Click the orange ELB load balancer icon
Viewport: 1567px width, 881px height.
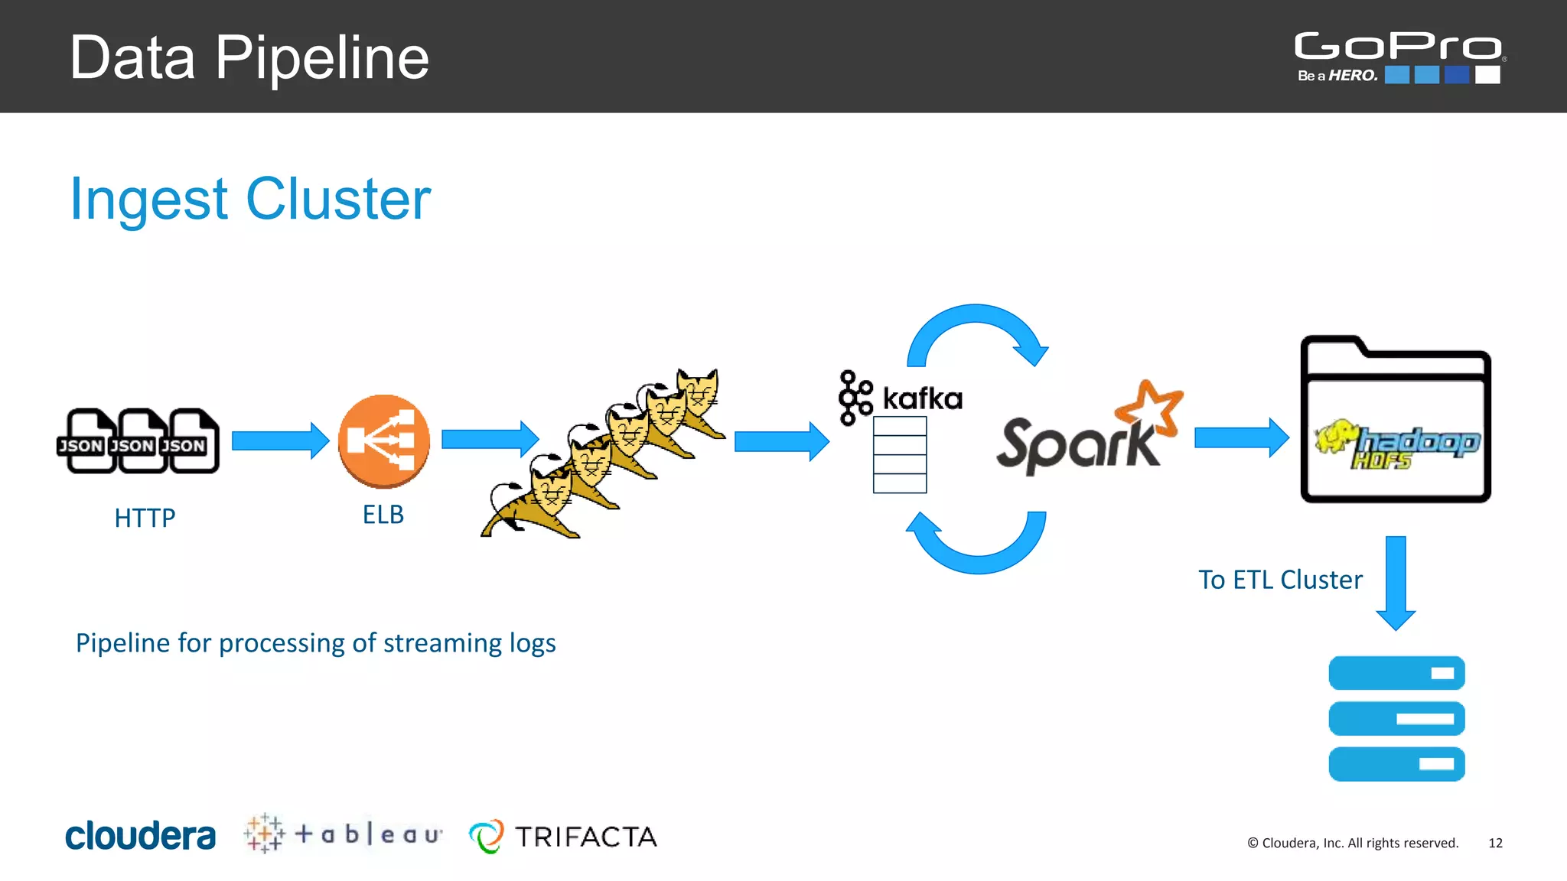pyautogui.click(x=384, y=441)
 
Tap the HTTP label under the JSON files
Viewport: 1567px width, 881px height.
pyautogui.click(x=145, y=519)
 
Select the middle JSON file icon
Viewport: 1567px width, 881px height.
pyautogui.click(x=138, y=441)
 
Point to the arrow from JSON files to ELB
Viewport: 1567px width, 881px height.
pyautogui.click(x=280, y=440)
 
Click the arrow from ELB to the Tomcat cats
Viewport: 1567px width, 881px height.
pyautogui.click(x=490, y=439)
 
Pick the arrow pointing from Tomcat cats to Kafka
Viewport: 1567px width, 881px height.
pyautogui.click(x=781, y=441)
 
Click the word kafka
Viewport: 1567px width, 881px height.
pyautogui.click(x=922, y=398)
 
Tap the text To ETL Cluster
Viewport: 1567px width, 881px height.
pyautogui.click(x=1280, y=580)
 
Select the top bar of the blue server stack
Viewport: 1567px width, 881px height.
pyautogui.click(x=1396, y=673)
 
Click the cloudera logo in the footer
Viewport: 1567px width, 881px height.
pyautogui.click(x=141, y=836)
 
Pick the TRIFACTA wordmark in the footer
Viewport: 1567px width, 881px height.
pyautogui.click(x=585, y=837)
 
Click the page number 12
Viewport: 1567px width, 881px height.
pyautogui.click(x=1495, y=843)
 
